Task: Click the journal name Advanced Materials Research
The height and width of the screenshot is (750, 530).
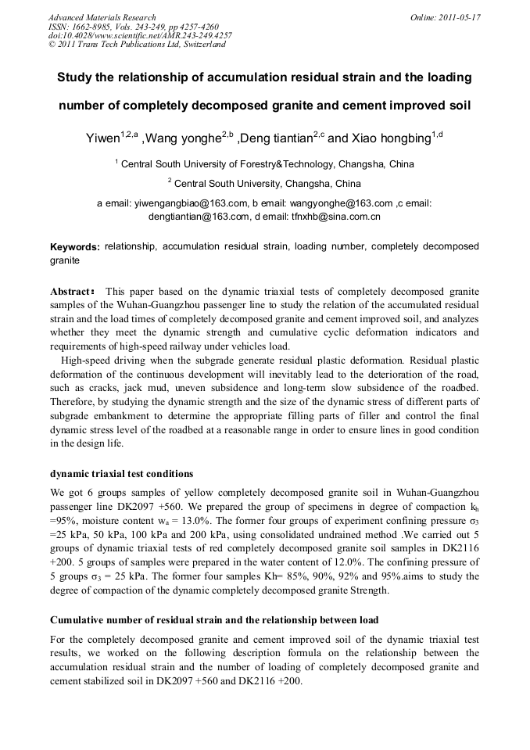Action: tap(102, 17)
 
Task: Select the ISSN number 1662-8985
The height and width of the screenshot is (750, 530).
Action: tap(91, 27)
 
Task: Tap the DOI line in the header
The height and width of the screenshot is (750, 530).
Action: tap(140, 35)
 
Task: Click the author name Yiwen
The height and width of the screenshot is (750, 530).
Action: tap(102, 139)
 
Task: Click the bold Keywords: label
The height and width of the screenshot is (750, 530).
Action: tap(75, 247)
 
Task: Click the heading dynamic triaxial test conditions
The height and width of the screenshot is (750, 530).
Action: tap(122, 474)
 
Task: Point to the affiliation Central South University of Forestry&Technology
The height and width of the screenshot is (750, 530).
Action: tap(227, 164)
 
